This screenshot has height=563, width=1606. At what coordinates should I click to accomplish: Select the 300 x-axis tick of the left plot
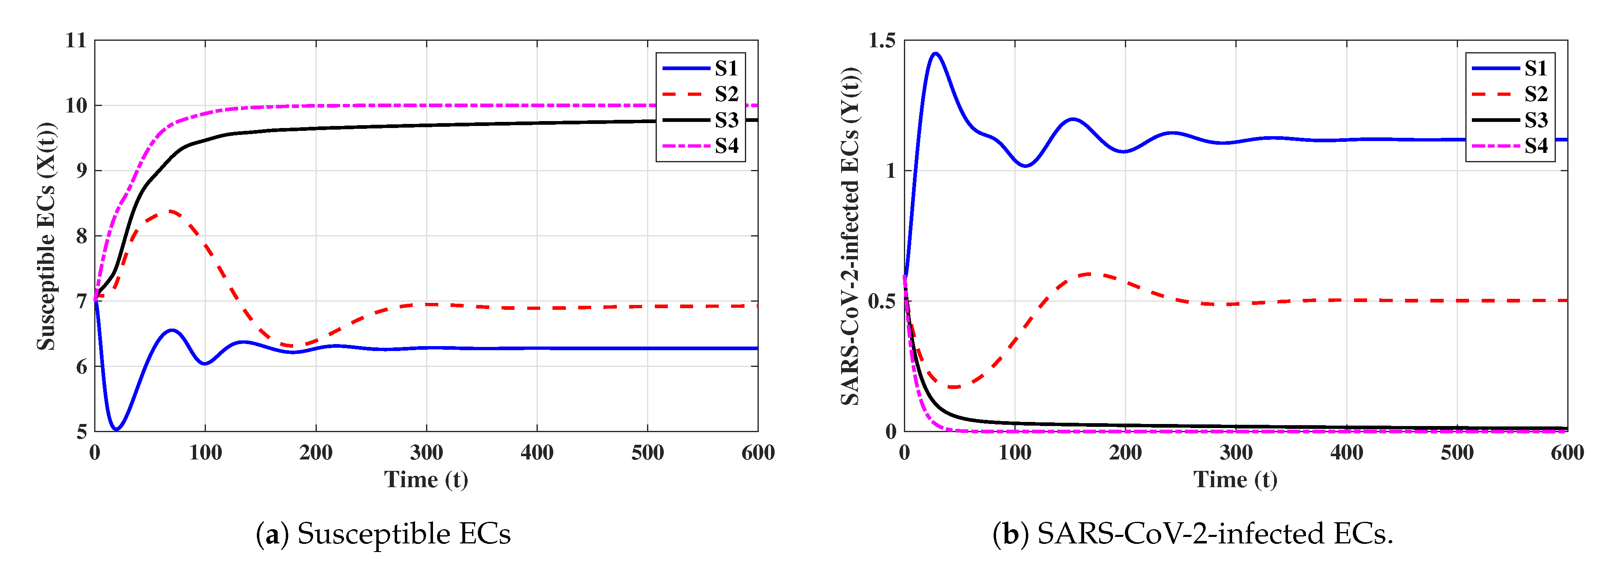pos(426,452)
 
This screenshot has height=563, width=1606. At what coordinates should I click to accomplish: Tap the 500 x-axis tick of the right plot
pos(1457,452)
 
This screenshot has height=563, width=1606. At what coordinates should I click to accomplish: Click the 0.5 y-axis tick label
pos(881,301)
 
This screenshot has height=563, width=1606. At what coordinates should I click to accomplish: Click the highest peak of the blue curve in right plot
pos(935,54)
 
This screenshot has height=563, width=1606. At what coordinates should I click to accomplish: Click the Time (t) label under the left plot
pos(426,479)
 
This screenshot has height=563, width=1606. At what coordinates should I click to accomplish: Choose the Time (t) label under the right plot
pos(1236,479)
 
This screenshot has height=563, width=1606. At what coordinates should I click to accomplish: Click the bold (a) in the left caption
pos(272,534)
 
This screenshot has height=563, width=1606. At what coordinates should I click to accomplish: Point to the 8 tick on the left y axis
pos(82,236)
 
